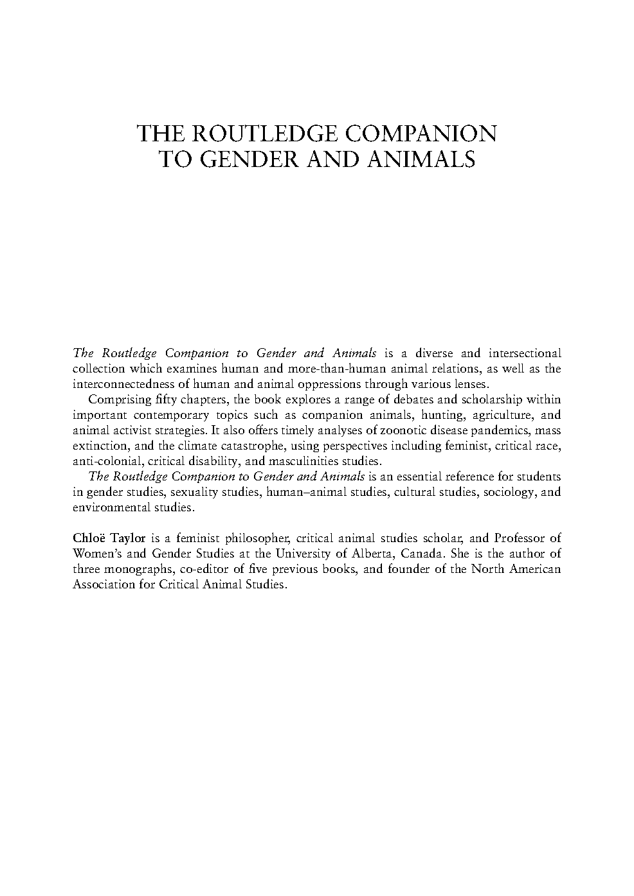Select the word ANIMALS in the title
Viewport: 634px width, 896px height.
point(422,159)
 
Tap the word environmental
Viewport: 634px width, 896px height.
point(111,507)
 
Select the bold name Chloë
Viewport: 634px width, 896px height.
point(89,538)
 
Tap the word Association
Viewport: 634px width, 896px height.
point(103,584)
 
